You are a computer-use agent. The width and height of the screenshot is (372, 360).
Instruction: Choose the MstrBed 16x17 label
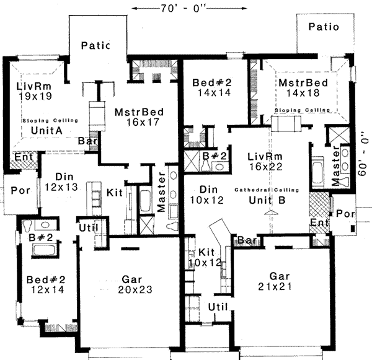(x=139, y=117)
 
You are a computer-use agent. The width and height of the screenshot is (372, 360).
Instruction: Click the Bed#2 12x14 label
(x=45, y=284)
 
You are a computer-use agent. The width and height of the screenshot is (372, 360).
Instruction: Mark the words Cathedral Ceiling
(x=267, y=189)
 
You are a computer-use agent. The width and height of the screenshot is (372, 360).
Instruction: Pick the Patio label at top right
(x=324, y=27)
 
